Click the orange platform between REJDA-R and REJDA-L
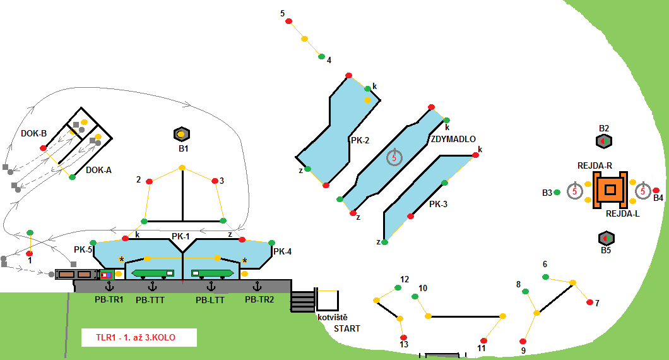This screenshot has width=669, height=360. [610, 189]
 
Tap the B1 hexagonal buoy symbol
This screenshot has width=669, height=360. [181, 134]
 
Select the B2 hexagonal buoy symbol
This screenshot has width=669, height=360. [604, 141]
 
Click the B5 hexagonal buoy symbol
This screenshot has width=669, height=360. [605, 238]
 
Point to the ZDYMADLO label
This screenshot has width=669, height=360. [453, 139]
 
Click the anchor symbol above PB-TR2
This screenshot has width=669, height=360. [257, 287]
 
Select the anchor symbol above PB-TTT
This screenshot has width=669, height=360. [150, 287]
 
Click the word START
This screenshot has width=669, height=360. [346, 328]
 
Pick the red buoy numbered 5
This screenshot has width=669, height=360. [289, 21]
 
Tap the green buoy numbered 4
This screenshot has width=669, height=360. [321, 57]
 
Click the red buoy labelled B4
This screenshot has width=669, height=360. [656, 190]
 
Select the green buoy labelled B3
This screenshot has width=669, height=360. [557, 192]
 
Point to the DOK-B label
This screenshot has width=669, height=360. [33, 133]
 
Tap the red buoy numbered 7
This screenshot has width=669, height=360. [589, 303]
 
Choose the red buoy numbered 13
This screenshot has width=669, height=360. [403, 337]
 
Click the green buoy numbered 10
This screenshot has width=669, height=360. [415, 296]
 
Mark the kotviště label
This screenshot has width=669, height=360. [333, 317]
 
